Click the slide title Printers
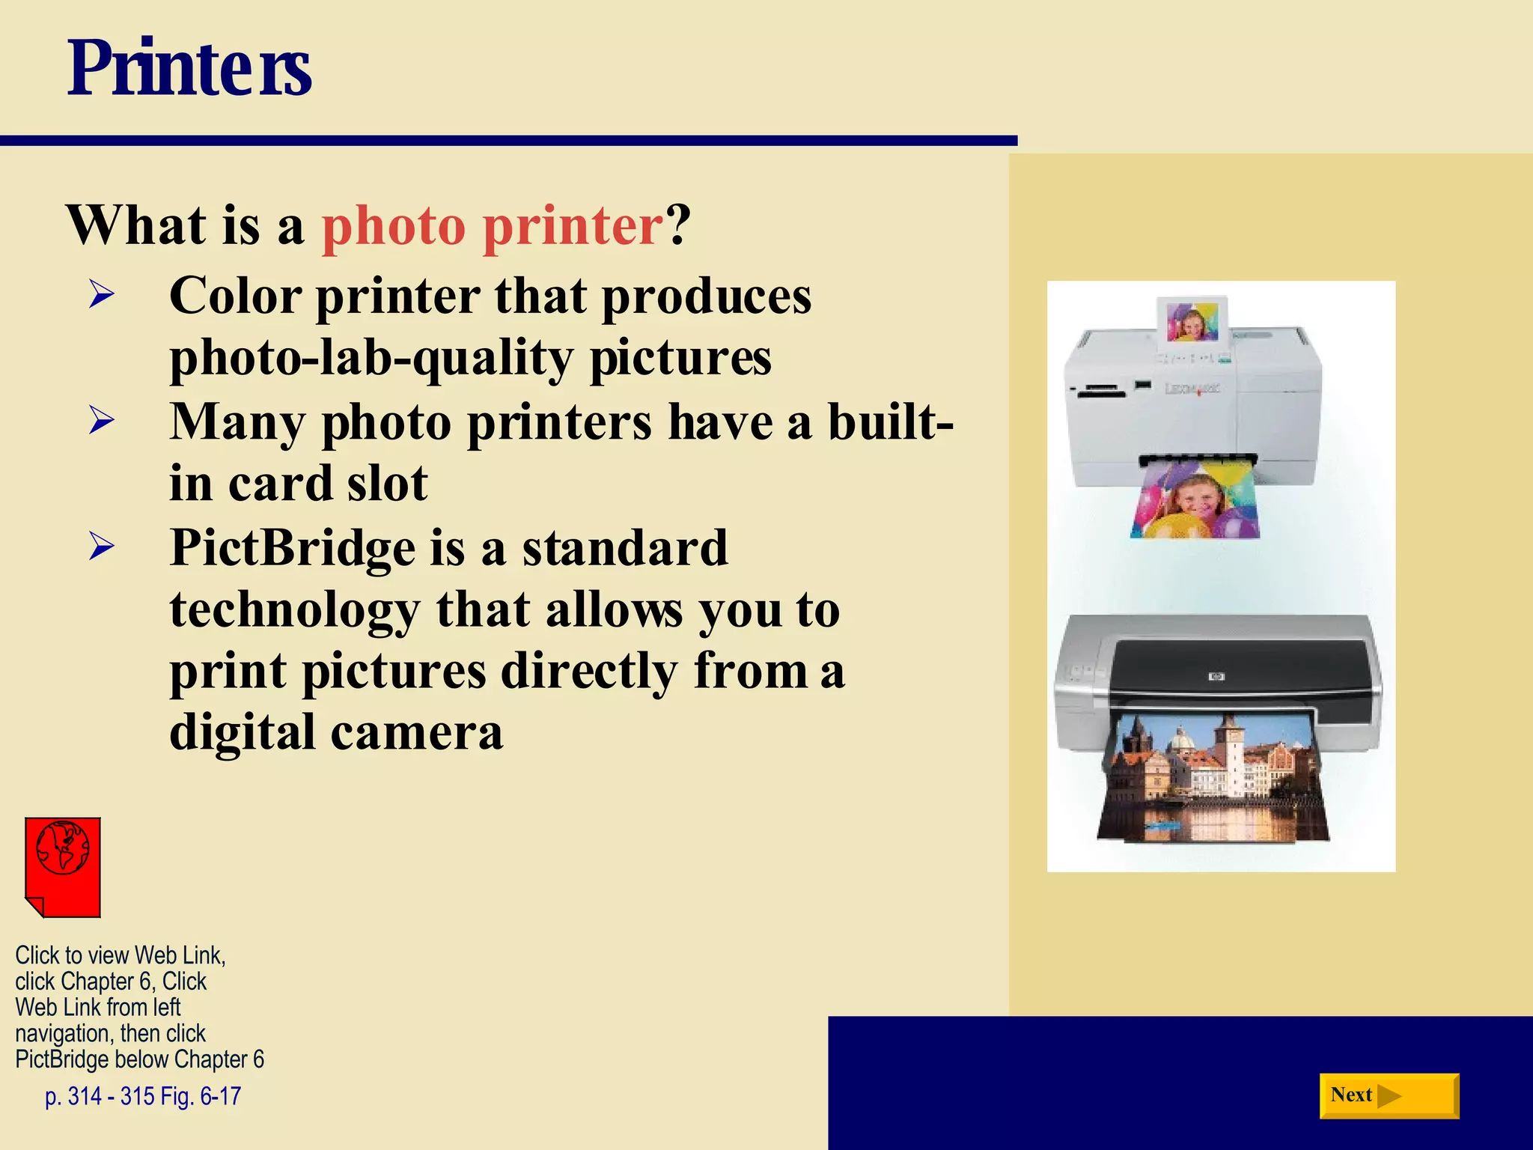point(189,69)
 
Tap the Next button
point(1388,1095)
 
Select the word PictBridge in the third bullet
point(293,548)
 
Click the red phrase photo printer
point(493,225)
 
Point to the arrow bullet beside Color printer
point(102,294)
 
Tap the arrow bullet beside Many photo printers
point(102,420)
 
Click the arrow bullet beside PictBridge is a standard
point(102,546)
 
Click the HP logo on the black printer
point(1216,677)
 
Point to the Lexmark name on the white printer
point(1192,388)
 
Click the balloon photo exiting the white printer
point(1195,502)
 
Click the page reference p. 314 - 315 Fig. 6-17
point(143,1097)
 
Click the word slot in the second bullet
point(388,484)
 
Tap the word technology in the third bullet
point(295,610)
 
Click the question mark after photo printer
point(678,225)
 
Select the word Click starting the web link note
point(37,956)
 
